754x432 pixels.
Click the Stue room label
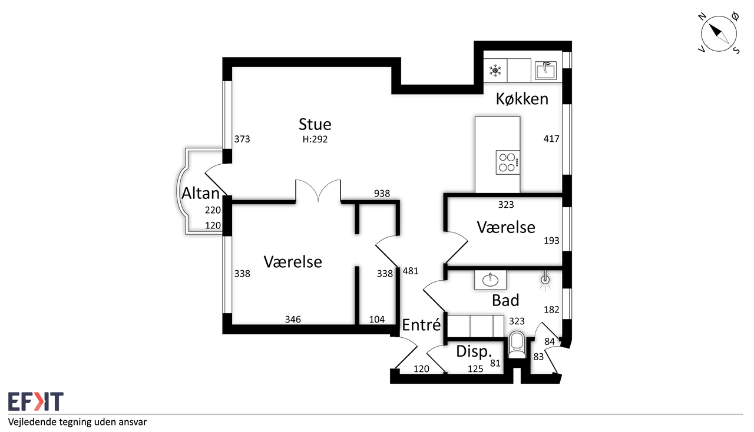[x=315, y=125]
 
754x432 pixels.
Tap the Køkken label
[x=522, y=99]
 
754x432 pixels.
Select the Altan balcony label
[x=201, y=194]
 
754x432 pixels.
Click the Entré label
[x=421, y=325]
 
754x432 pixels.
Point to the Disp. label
[x=474, y=351]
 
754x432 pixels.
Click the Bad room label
[x=505, y=300]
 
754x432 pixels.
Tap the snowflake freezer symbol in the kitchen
[x=495, y=71]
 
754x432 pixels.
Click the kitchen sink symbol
[x=545, y=70]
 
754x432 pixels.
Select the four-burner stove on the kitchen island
[x=508, y=162]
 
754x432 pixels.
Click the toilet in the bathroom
[x=517, y=345]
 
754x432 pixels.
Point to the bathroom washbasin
[x=490, y=279]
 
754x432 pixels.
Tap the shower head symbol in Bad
[x=545, y=280]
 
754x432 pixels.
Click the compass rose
[x=719, y=34]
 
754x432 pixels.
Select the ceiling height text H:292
[x=315, y=139]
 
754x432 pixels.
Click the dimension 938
[x=382, y=194]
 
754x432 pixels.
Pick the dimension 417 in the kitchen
[x=551, y=139]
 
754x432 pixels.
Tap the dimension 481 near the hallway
[x=411, y=271]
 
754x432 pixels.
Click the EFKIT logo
[x=36, y=401]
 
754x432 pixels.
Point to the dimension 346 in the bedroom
[x=293, y=319]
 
